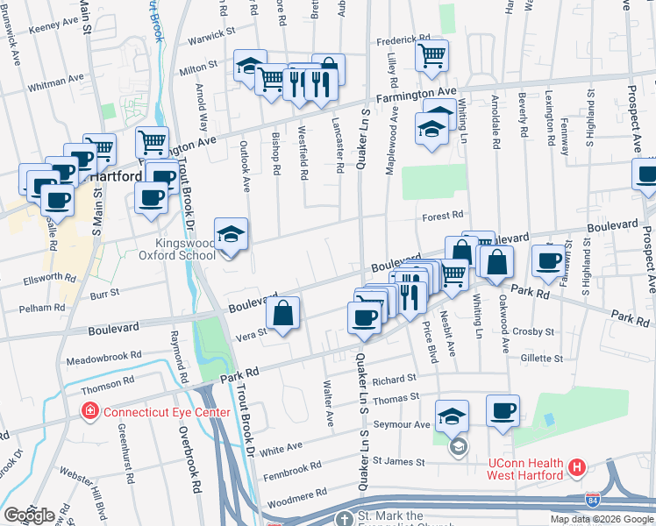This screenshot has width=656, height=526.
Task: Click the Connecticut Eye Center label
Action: tap(167, 412)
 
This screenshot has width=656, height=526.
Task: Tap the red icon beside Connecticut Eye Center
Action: tap(89, 411)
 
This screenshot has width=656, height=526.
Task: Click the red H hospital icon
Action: tap(576, 468)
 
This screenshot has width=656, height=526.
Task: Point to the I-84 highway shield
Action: tap(594, 500)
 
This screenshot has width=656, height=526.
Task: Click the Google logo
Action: tap(29, 515)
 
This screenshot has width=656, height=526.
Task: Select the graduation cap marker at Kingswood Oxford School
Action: tap(232, 235)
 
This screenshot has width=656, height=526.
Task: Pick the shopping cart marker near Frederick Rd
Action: tap(431, 56)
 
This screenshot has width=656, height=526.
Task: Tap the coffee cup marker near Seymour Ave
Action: tap(503, 411)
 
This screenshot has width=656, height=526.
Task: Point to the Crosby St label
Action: tap(535, 332)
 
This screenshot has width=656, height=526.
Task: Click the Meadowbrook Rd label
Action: tap(104, 358)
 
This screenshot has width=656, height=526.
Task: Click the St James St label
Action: tap(399, 461)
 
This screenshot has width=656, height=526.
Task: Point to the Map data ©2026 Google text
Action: tap(601, 519)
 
